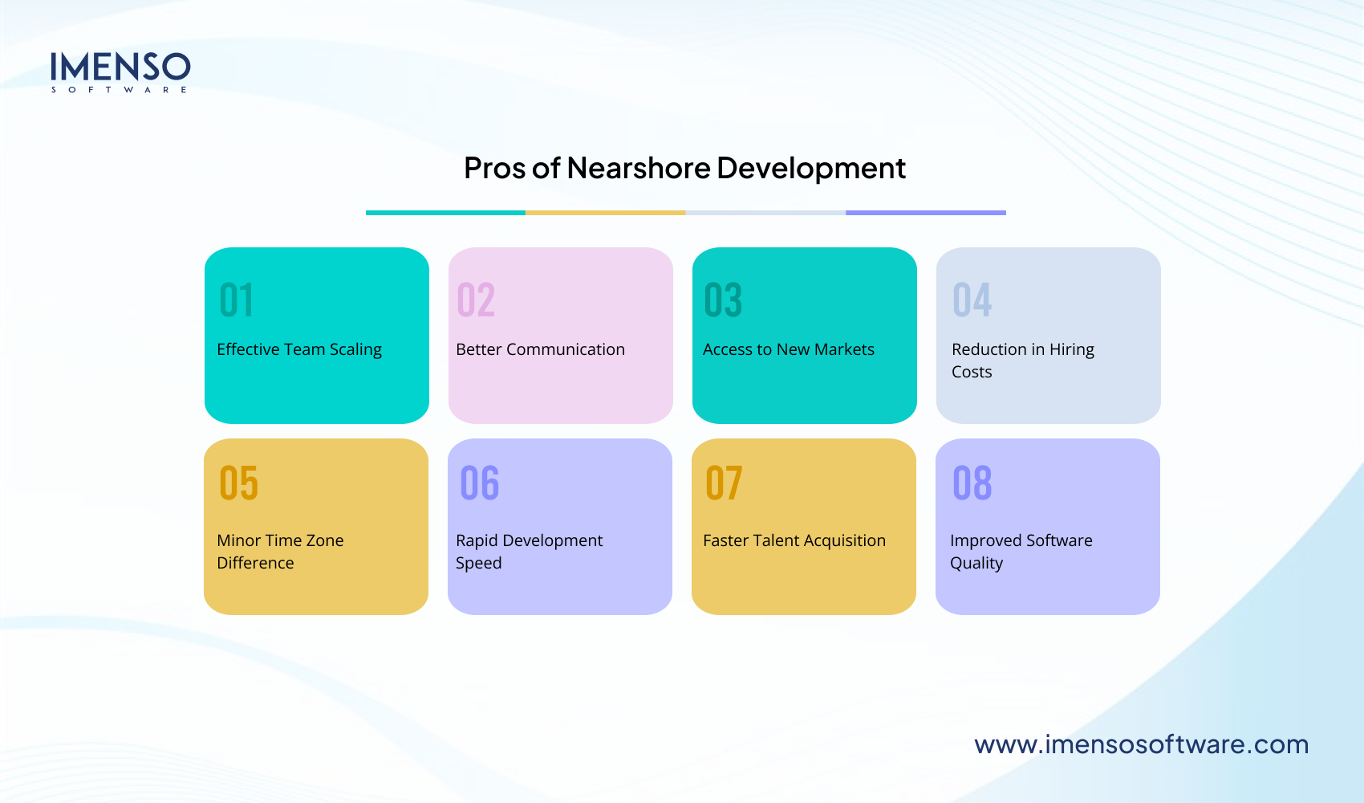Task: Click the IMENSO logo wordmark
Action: (120, 67)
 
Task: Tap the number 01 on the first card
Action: (237, 300)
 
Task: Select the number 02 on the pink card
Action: (476, 300)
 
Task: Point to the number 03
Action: (723, 300)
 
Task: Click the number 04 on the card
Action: (972, 300)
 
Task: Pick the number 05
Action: (239, 483)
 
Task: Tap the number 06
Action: (480, 483)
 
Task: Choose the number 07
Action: (724, 483)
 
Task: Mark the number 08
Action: (972, 483)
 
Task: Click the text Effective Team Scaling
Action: (299, 349)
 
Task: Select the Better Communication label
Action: (540, 349)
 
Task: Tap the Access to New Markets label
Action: (789, 349)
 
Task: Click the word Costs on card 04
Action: (972, 372)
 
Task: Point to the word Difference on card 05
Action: (255, 563)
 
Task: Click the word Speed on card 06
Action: (478, 563)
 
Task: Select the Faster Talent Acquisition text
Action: (794, 540)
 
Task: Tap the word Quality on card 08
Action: (976, 563)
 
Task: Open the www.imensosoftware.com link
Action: (1141, 744)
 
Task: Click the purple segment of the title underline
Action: (925, 213)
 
